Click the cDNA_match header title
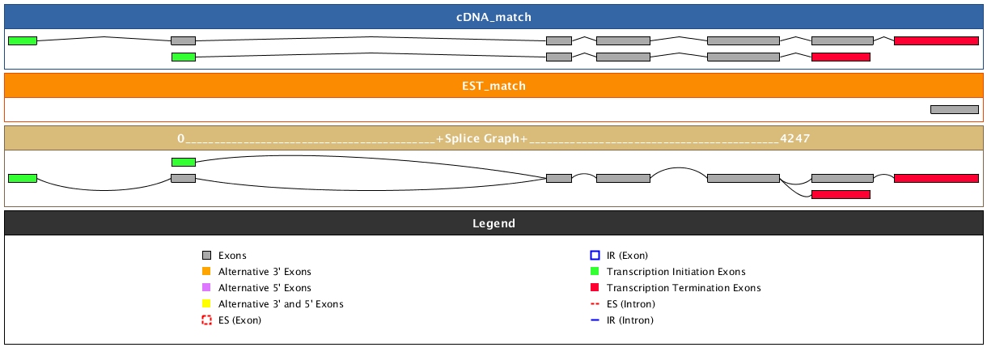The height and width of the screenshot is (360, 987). [x=493, y=17]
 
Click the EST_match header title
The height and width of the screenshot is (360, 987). [x=493, y=85]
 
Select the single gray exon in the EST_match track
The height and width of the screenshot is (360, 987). [x=954, y=109]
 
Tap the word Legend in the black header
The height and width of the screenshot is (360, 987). [x=493, y=222]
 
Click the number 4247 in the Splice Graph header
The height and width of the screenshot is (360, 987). [x=795, y=138]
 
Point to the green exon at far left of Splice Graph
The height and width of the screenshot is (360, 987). [x=22, y=178]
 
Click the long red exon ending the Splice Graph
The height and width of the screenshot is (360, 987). [x=936, y=178]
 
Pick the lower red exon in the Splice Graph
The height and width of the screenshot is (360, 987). [x=841, y=194]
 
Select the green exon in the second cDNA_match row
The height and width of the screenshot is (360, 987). [x=184, y=57]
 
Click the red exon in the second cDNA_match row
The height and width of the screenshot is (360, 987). [x=841, y=57]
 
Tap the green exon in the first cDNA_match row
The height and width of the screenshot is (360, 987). [x=22, y=40]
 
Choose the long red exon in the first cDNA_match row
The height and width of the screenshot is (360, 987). [x=936, y=40]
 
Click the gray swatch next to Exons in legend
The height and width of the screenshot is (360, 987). [x=206, y=256]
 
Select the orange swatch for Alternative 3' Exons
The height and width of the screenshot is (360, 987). [x=206, y=272]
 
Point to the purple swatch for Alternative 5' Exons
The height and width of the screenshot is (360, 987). [x=206, y=288]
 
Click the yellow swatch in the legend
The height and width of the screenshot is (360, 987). [x=206, y=304]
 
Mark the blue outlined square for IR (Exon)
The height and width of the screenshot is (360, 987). [x=595, y=256]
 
